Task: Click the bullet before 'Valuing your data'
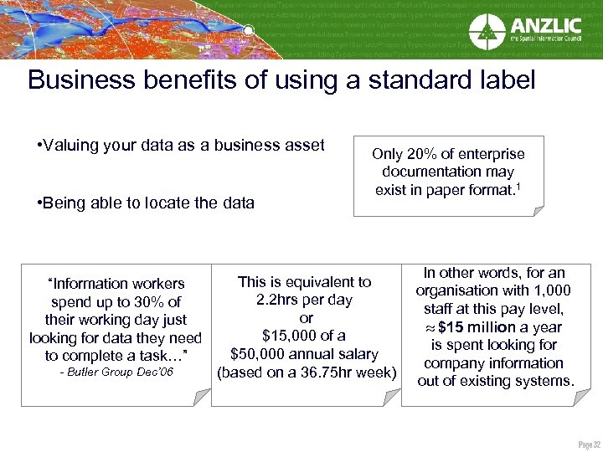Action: click(x=40, y=146)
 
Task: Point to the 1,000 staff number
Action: click(x=553, y=290)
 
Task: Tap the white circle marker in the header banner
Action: click(x=248, y=31)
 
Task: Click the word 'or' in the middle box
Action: click(x=306, y=318)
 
